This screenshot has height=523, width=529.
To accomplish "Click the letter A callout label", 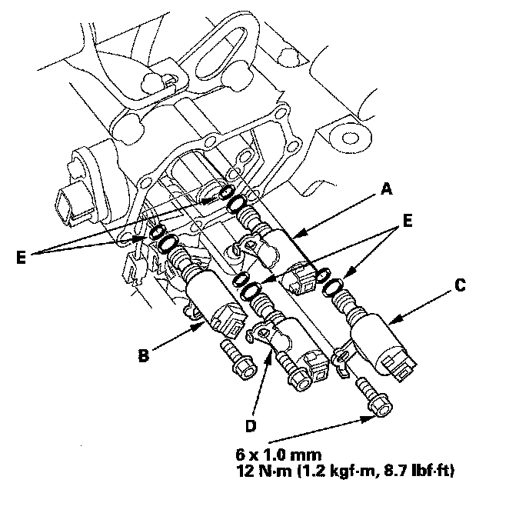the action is [x=387, y=189].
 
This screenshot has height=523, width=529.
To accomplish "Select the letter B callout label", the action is [x=144, y=355].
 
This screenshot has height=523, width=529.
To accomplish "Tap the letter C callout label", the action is [x=460, y=285].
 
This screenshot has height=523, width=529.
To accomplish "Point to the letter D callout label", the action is [x=251, y=426].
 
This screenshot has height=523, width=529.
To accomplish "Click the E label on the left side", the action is [x=21, y=258].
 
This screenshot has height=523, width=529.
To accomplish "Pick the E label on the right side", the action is [x=408, y=222].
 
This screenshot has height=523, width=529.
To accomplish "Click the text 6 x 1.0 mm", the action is [x=278, y=455].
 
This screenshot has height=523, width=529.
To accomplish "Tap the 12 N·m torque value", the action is [x=264, y=471].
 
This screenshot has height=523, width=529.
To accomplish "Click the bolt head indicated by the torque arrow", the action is [x=381, y=407].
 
